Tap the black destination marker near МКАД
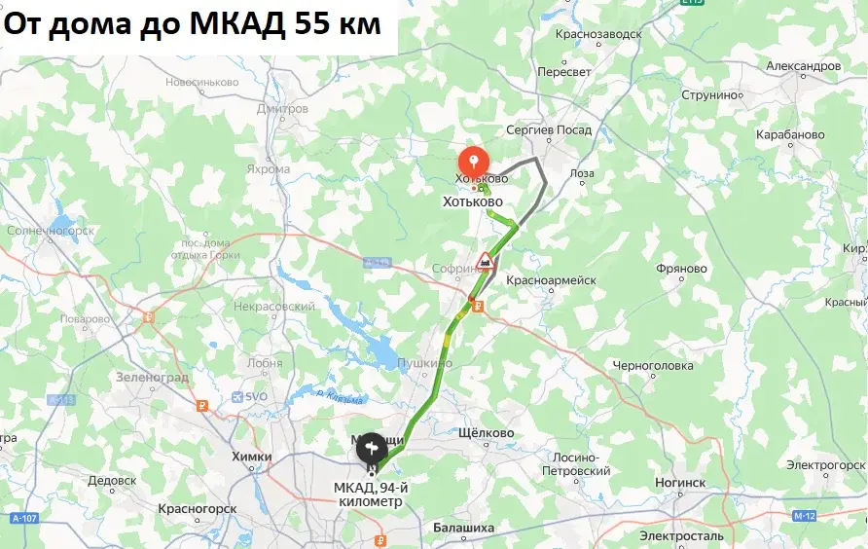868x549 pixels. (x=370, y=448)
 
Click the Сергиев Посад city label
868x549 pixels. (x=550, y=128)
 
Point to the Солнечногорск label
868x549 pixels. (x=50, y=231)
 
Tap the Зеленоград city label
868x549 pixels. (x=152, y=376)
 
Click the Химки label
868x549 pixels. (x=251, y=455)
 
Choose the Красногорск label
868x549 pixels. (x=198, y=508)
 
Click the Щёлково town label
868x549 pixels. (x=485, y=433)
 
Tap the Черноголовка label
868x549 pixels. (x=653, y=366)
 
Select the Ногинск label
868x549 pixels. (x=679, y=482)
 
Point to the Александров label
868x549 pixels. (x=803, y=66)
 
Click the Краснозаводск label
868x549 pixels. (x=598, y=34)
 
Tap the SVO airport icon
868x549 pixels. (x=238, y=396)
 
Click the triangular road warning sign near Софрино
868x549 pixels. (x=485, y=260)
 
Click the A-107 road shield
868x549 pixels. (x=25, y=518)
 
